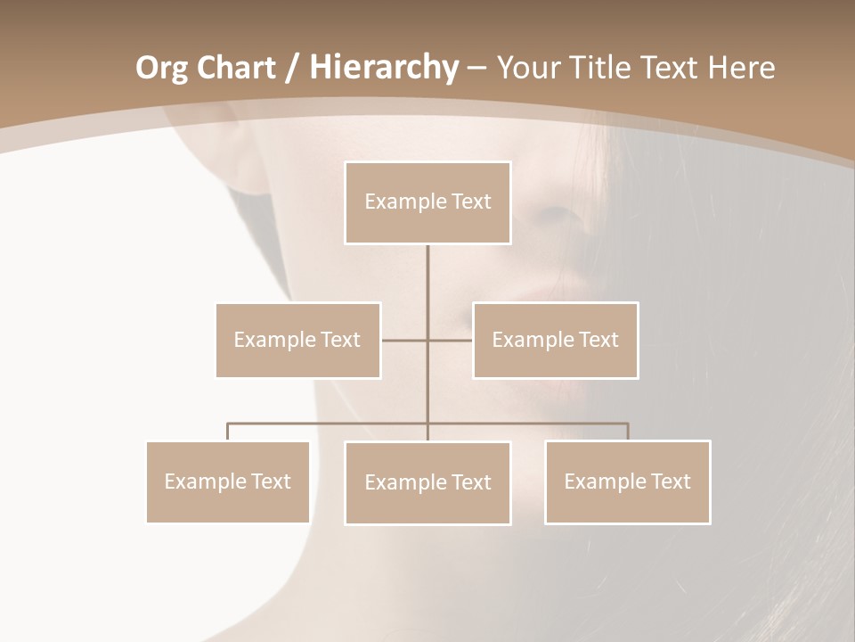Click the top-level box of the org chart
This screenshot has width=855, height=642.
coord(427,202)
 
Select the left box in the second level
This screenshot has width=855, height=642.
coord(297,340)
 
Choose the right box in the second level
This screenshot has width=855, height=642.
coord(555,340)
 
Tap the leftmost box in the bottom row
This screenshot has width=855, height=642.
coord(228,481)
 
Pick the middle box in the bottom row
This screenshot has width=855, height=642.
coord(427,482)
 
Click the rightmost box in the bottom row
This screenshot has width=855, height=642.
coord(627,481)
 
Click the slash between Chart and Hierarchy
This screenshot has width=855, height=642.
coord(294,68)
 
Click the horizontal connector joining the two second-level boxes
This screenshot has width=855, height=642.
coord(405,340)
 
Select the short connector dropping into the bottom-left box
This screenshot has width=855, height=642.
coord(228,432)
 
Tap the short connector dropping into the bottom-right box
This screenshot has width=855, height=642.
coord(628,432)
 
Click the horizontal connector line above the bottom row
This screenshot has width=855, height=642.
coord(330,424)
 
